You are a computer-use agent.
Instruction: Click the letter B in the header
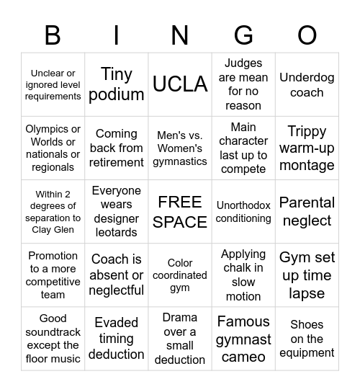click(53, 34)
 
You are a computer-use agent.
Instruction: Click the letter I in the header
click(117, 34)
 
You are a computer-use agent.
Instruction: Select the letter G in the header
click(243, 34)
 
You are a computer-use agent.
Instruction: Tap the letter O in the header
click(307, 34)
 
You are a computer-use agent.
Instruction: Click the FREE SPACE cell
click(180, 212)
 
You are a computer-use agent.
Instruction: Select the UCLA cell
click(180, 84)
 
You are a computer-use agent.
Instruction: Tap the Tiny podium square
click(117, 84)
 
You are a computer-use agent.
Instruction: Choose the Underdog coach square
click(307, 84)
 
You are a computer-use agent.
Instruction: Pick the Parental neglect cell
click(307, 212)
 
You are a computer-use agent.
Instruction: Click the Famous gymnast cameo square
click(243, 339)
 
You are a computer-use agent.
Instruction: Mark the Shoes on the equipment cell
click(307, 339)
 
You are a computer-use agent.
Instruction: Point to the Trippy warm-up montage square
click(307, 148)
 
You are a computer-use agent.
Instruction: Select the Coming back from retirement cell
click(117, 148)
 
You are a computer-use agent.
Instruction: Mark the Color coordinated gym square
click(180, 275)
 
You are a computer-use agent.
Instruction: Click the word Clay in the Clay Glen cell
click(41, 231)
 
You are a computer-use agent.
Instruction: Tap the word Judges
click(243, 63)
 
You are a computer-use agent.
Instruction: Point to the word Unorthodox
click(243, 205)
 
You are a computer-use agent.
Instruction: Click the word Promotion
click(53, 256)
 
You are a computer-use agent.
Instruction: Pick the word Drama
click(180, 318)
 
